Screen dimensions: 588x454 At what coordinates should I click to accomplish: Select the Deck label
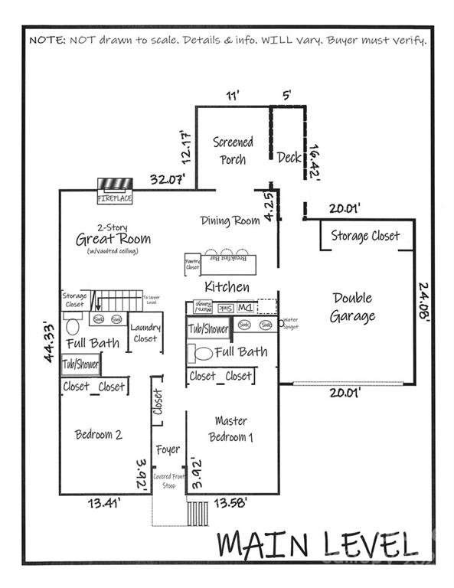(289, 157)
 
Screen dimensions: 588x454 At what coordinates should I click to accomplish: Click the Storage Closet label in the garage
(365, 236)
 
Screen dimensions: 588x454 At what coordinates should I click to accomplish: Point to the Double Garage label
(352, 307)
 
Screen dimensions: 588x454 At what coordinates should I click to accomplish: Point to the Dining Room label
(230, 221)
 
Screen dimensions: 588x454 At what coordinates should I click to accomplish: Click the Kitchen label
(227, 287)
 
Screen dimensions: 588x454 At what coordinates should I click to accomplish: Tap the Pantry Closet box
(192, 265)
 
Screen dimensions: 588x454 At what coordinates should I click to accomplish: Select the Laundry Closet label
(145, 332)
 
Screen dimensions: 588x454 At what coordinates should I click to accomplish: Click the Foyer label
(168, 449)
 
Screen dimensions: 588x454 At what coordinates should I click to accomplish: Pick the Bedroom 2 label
(99, 435)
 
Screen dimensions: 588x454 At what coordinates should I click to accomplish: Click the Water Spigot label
(290, 323)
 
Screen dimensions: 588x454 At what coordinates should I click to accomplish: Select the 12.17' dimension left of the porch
(185, 147)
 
